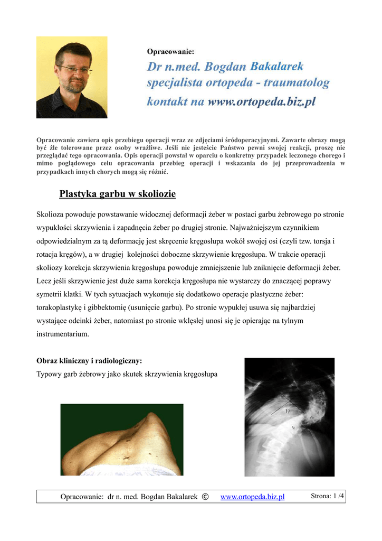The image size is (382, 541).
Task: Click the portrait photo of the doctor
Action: pyautogui.click(x=72, y=77)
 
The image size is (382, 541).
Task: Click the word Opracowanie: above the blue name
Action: pyautogui.click(x=170, y=51)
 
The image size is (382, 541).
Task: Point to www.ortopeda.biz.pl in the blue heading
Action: pyautogui.click(x=261, y=101)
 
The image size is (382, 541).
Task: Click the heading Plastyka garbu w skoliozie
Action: pyautogui.click(x=117, y=194)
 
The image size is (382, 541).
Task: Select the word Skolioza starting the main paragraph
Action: pyautogui.click(x=52, y=214)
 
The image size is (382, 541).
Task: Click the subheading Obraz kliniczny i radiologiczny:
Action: pyautogui.click(x=89, y=361)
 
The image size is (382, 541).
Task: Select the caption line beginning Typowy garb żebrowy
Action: pyautogui.click(x=127, y=375)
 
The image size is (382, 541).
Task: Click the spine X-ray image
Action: pyautogui.click(x=289, y=417)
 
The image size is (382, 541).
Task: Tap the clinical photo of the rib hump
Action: pyautogui.click(x=122, y=440)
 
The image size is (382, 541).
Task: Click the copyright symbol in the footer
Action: pyautogui.click(x=205, y=496)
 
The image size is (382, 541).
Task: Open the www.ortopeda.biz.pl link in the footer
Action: pyautogui.click(x=252, y=497)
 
